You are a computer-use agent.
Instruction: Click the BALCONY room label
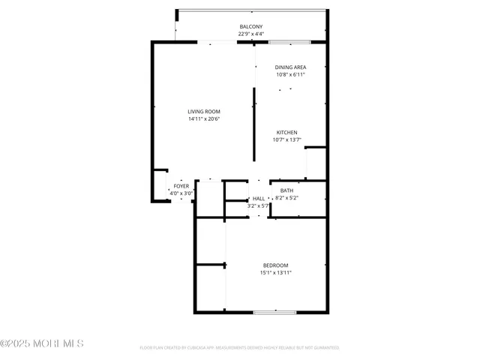pyautogui.click(x=251, y=27)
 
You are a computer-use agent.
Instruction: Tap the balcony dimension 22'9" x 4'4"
pyautogui.click(x=251, y=34)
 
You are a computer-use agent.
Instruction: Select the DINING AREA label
pyautogui.click(x=290, y=67)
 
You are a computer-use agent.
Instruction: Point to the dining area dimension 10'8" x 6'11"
pyautogui.click(x=290, y=74)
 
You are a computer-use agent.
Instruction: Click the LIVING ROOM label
pyautogui.click(x=203, y=112)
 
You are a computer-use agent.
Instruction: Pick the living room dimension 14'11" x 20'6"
pyautogui.click(x=203, y=118)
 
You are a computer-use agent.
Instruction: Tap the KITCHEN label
pyautogui.click(x=287, y=133)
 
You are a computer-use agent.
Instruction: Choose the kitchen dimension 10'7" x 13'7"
pyautogui.click(x=287, y=139)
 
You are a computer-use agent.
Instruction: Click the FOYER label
pyautogui.click(x=181, y=186)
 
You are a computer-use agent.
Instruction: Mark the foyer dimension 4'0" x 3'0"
pyautogui.click(x=181, y=193)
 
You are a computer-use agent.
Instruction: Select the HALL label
pyautogui.click(x=259, y=199)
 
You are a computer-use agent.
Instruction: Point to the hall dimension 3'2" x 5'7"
pyautogui.click(x=258, y=205)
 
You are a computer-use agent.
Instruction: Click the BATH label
pyautogui.click(x=287, y=191)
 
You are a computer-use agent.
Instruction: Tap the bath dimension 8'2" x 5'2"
pyautogui.click(x=287, y=198)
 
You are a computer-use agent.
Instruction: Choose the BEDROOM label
pyautogui.click(x=275, y=265)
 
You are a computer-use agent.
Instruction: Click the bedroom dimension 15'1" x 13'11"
pyautogui.click(x=275, y=272)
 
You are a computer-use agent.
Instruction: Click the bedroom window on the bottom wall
pyautogui.click(x=269, y=312)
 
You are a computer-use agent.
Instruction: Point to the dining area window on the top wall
pyautogui.click(x=289, y=41)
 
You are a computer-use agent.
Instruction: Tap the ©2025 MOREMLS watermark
pyautogui.click(x=42, y=344)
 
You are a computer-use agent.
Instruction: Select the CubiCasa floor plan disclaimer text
pyautogui.click(x=239, y=348)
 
